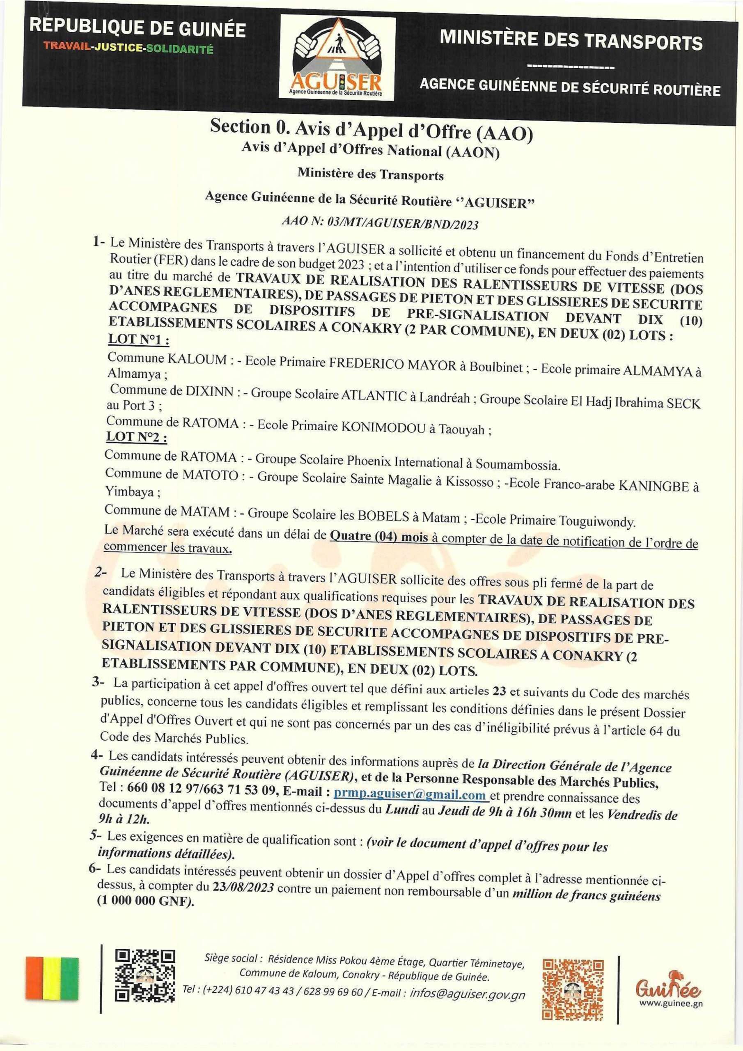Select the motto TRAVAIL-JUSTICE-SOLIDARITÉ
[128, 48]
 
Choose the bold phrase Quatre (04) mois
[379, 537]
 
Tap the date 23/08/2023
[243, 887]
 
